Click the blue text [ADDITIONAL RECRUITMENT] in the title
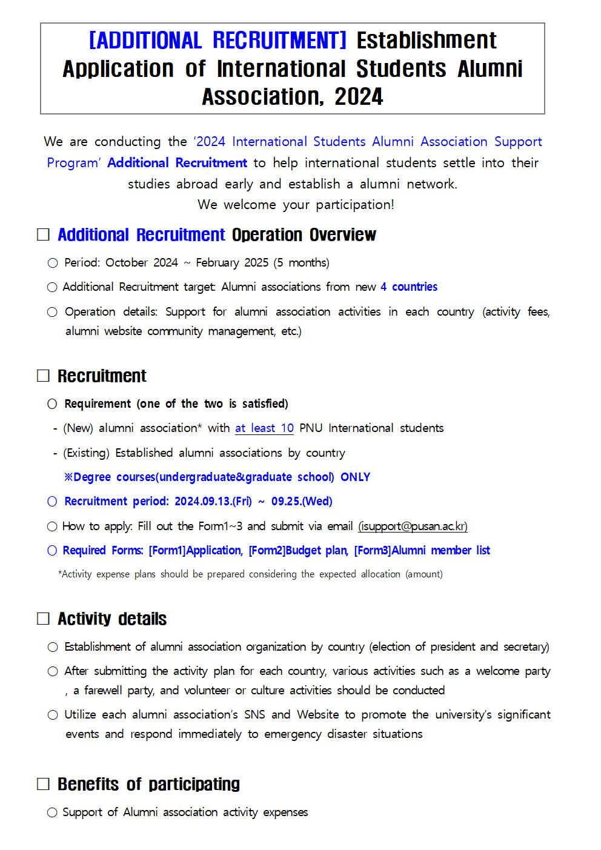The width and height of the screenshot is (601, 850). coord(217,41)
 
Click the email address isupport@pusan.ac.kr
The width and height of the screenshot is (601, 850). coord(413,526)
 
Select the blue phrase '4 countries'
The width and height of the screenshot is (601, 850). coord(409,287)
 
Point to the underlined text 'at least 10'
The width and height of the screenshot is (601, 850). coord(264,428)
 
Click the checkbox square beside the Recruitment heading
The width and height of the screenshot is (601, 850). coord(43,376)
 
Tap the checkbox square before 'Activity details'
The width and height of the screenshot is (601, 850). coord(43,619)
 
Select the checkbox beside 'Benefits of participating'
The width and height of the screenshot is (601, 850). coord(43,785)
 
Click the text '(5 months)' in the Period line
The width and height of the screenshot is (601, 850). coord(301,263)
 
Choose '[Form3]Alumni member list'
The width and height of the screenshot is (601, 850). coord(422,551)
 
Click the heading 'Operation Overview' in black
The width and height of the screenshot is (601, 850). coord(304,235)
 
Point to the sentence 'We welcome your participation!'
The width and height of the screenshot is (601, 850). coord(296,205)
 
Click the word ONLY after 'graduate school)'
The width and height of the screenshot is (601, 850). coord(355,477)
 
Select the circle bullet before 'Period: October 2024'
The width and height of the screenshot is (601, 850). coord(53,263)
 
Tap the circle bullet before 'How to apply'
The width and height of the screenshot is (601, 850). coord(52,526)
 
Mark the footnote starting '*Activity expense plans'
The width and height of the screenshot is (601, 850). coord(250,574)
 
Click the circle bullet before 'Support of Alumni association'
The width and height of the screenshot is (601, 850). coord(52,812)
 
